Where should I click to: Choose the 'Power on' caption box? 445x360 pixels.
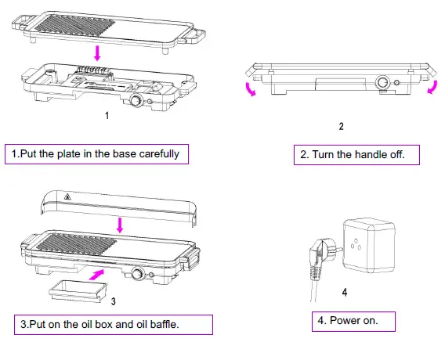point(353,320)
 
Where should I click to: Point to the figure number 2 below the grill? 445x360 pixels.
point(340,126)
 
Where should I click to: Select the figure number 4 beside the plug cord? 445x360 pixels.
point(344,294)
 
